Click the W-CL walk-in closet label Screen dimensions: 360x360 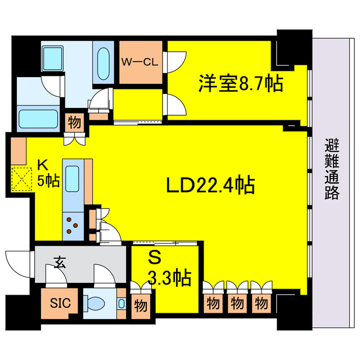tap(140, 62)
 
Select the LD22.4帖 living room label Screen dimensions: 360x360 tap(211, 184)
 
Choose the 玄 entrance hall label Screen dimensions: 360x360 tap(59, 262)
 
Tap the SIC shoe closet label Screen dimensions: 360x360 tap(60, 303)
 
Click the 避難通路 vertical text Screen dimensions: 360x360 tap(332, 169)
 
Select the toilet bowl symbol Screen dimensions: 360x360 tap(97, 304)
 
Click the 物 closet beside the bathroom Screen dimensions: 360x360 tap(74, 122)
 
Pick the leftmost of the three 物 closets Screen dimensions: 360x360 tap(213, 303)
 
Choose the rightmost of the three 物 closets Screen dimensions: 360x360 tap(261, 303)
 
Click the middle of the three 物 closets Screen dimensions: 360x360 tap(237, 303)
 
